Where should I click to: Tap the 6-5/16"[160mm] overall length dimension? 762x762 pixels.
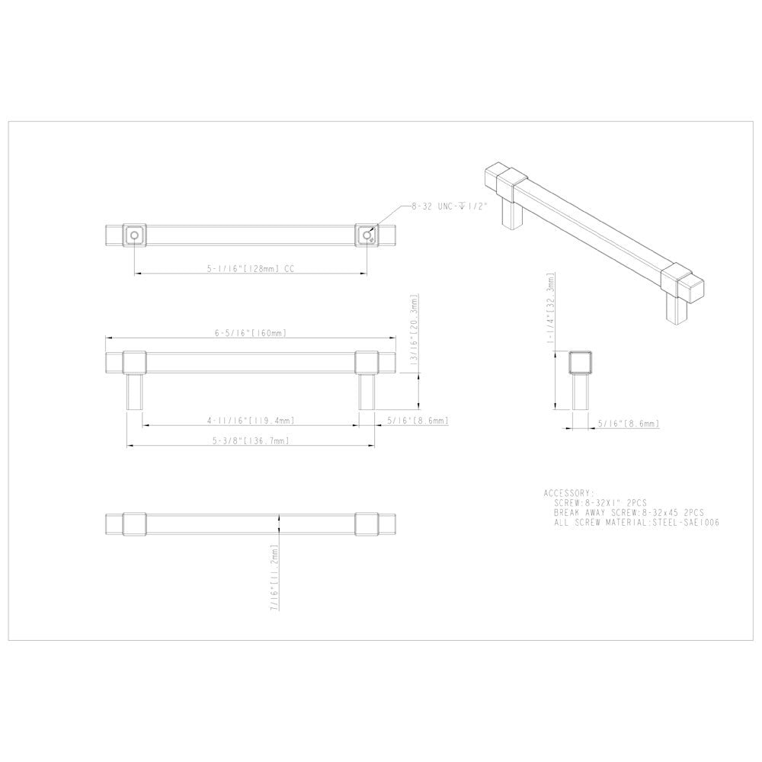tap(250, 333)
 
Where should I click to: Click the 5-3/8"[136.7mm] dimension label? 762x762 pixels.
tap(250, 441)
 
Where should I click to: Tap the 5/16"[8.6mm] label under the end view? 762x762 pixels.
tap(628, 423)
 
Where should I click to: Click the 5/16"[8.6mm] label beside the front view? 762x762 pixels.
tap(417, 421)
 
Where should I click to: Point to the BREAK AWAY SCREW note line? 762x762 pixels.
tap(629, 514)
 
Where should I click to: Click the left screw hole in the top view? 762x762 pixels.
tap(134, 235)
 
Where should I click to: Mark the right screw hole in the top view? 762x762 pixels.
tap(367, 235)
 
